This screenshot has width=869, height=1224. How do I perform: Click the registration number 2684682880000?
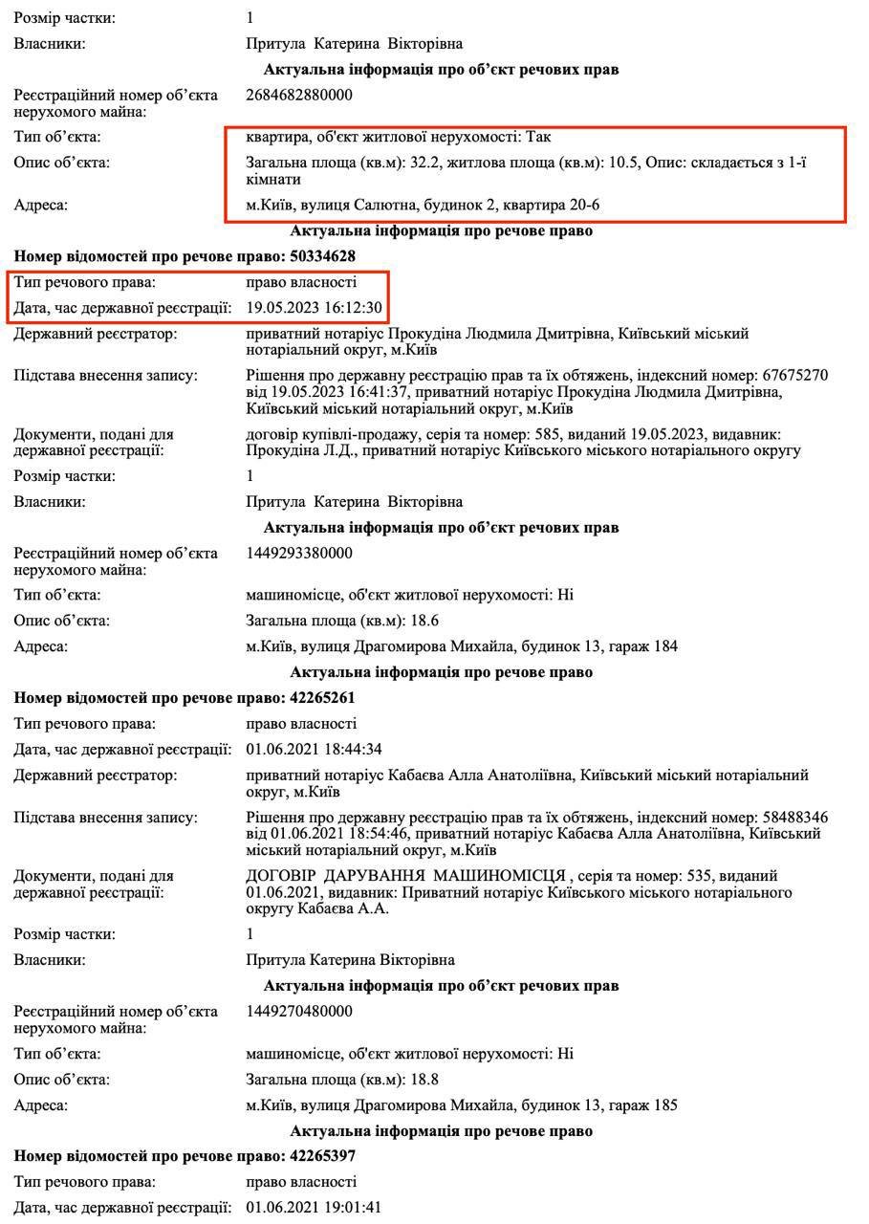click(299, 95)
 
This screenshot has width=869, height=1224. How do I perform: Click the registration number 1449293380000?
click(299, 553)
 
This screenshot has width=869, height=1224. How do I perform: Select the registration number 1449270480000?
click(299, 1011)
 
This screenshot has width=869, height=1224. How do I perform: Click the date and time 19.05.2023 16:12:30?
click(315, 308)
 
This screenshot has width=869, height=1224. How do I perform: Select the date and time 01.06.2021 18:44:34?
click(315, 749)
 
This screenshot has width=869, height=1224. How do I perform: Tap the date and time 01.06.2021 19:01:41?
click(315, 1207)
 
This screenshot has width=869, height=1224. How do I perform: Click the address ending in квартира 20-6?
click(424, 205)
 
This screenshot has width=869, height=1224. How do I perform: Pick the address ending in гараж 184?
click(462, 646)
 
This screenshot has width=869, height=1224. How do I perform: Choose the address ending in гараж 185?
click(462, 1105)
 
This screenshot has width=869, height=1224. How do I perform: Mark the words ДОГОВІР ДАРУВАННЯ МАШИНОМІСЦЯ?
click(406, 876)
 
